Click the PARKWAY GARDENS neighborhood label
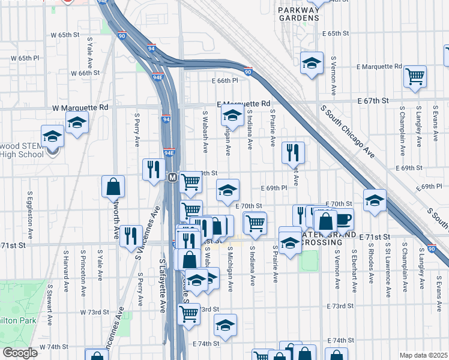point(298,14)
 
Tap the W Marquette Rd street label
point(80,107)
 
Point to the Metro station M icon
point(172,178)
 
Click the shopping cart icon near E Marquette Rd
point(415,76)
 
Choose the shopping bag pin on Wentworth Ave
point(113,187)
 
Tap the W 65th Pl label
point(25,58)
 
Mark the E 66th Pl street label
point(225,80)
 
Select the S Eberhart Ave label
point(355,268)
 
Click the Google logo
point(20,353)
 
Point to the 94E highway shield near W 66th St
point(157,77)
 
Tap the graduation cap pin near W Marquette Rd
point(77,123)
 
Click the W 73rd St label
point(95,313)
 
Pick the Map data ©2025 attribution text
point(423,355)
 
